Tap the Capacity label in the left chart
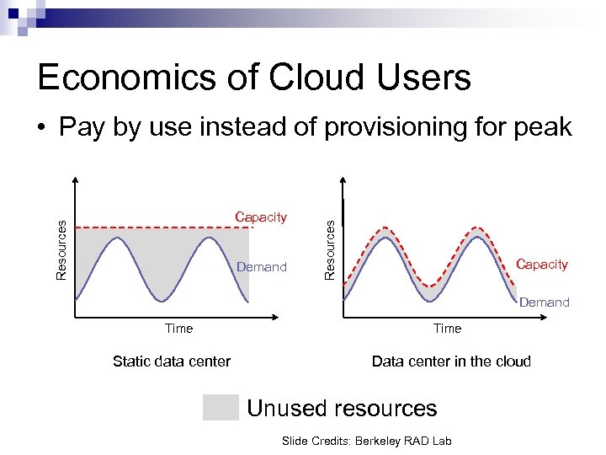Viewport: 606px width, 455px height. [x=261, y=217]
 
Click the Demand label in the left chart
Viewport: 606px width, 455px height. [x=262, y=267]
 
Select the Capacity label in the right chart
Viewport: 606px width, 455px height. [x=542, y=265]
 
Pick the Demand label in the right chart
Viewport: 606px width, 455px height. [x=544, y=302]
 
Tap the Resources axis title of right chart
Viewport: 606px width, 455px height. [x=331, y=249]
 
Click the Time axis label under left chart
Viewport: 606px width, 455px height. [x=178, y=329]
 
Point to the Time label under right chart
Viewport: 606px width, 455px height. [x=447, y=329]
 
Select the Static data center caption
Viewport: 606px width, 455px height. [x=172, y=361]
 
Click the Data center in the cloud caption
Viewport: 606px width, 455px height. [x=451, y=361]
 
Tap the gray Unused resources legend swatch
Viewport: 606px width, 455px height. [x=221, y=408]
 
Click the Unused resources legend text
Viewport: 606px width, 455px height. [x=342, y=409]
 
